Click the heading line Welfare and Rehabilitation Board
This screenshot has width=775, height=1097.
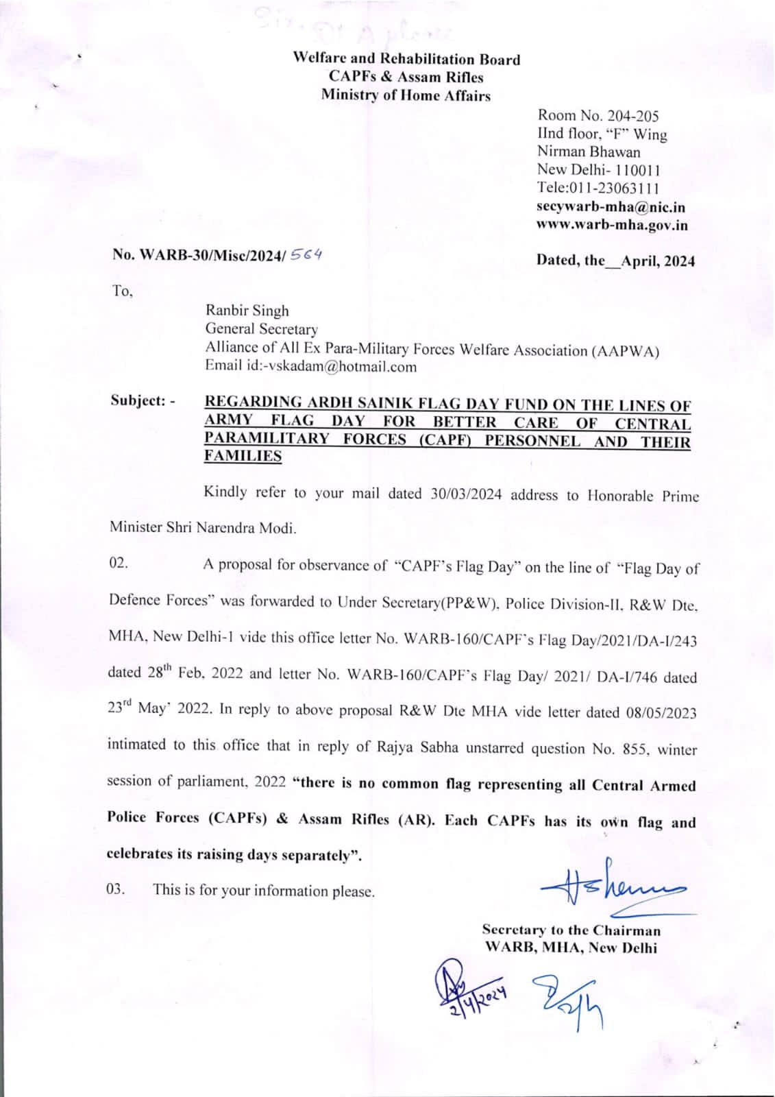[406, 60]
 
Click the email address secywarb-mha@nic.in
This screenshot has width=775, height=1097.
[611, 207]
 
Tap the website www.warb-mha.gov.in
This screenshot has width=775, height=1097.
[612, 225]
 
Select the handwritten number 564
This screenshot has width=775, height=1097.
[306, 254]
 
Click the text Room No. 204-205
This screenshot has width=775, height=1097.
[598, 116]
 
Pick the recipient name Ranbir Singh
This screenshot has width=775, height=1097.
[247, 311]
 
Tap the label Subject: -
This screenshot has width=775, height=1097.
[143, 400]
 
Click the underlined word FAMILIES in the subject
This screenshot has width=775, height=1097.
[243, 456]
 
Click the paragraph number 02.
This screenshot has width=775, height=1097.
[119, 564]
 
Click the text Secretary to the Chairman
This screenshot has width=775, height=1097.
[571, 930]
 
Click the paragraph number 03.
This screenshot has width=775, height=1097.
[116, 889]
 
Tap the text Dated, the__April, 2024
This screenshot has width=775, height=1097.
[615, 261]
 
